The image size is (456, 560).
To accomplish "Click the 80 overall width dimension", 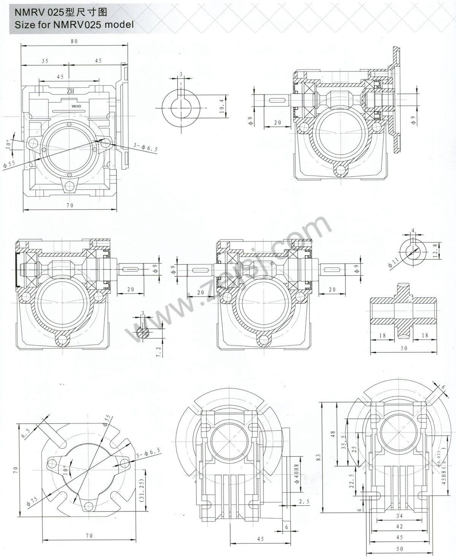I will click(74, 42).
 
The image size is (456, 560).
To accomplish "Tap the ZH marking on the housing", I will click(70, 91).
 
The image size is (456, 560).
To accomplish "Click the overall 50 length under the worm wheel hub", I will click(404, 348).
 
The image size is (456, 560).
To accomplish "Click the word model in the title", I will click(119, 24).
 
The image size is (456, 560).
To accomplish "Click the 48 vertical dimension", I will click(333, 434).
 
